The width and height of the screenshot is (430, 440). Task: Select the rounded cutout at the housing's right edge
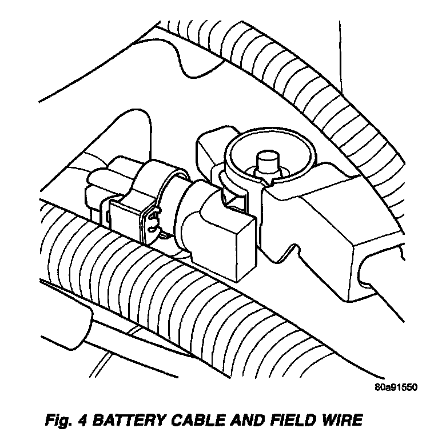point(377,269)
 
